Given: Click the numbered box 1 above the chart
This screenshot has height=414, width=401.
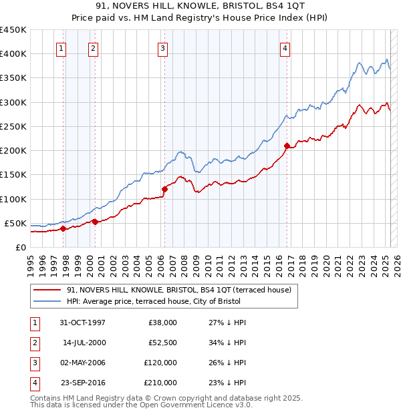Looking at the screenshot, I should (x=61, y=48).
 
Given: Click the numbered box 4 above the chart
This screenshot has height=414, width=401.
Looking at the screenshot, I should (x=285, y=48).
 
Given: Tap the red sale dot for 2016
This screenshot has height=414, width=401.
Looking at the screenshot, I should (x=287, y=146).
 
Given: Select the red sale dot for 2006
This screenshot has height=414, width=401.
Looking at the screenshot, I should (x=164, y=189).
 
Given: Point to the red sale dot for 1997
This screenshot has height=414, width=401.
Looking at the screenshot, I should (x=63, y=228).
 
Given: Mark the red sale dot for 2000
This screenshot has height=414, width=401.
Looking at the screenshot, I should (x=95, y=222).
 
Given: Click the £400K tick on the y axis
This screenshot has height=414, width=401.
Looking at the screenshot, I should (x=13, y=54).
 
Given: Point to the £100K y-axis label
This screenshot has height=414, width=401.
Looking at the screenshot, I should (x=13, y=199).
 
